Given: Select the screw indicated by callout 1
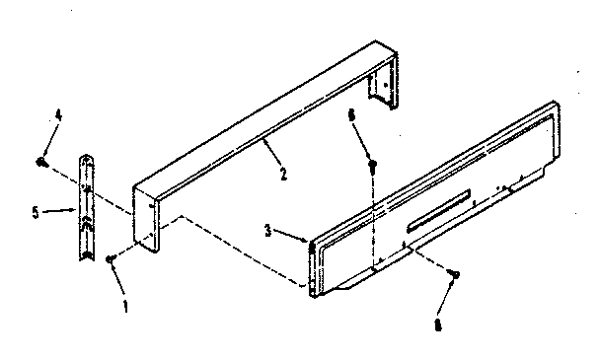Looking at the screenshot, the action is tap(110, 257).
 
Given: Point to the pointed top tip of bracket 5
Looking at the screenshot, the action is tap(87, 155).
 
